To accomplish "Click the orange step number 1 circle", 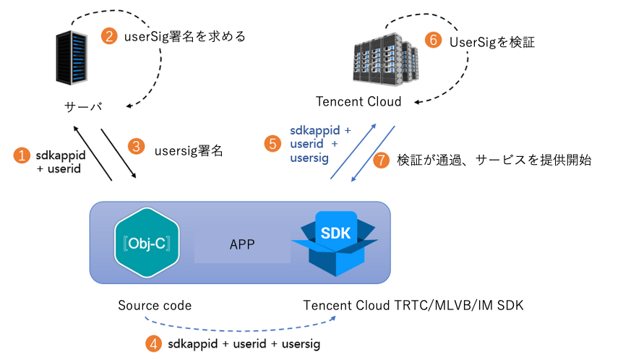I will click(23, 155).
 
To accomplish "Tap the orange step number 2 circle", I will click(108, 35).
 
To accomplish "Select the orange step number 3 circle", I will click(135, 145).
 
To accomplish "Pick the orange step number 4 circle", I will click(153, 343).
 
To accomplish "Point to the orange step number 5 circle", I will click(272, 143).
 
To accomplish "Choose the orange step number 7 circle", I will click(381, 160).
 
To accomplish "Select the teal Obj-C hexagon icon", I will click(147, 243).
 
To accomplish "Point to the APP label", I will click(242, 244).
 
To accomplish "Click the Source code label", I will click(155, 305).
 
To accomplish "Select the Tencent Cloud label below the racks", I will click(358, 101).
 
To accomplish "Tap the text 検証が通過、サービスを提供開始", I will click(494, 160).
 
